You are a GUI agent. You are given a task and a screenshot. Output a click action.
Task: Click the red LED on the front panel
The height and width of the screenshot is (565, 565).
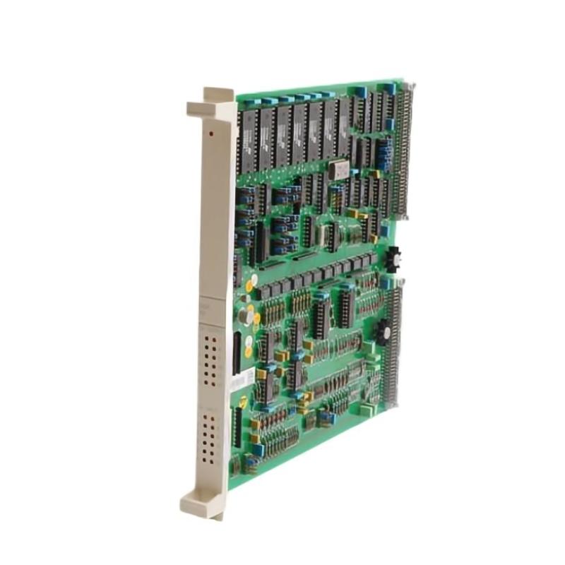coord(210,132)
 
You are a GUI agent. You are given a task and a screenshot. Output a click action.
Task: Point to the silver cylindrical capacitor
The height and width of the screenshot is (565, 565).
coord(244,316)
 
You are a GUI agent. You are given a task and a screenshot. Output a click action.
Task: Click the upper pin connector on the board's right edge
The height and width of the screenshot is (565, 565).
coord(405,151)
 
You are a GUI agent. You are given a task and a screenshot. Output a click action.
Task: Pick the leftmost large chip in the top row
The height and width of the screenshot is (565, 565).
coord(249,141)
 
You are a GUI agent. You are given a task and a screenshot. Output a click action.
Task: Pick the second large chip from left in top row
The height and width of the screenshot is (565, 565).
coord(266,138)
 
